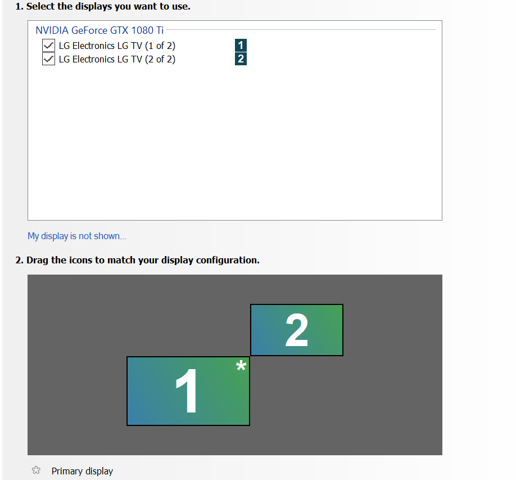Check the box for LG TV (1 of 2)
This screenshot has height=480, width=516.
point(48,46)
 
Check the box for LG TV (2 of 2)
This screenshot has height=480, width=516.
point(48,59)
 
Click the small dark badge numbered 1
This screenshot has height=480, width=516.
point(241,45)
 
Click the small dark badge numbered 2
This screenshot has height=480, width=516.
point(241,59)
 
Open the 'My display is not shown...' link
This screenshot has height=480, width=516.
point(76,236)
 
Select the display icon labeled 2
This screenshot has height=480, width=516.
point(296,330)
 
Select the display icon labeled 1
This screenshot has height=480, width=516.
point(188,391)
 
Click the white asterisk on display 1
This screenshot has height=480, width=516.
point(241,365)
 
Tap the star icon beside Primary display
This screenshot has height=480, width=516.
point(36,470)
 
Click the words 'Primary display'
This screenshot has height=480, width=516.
point(82,471)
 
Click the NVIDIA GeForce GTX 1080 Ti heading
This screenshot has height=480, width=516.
point(99,30)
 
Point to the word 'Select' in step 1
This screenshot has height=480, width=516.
point(41,6)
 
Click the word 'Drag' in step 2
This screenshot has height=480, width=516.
point(37,261)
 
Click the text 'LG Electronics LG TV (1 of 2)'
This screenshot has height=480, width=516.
point(117,46)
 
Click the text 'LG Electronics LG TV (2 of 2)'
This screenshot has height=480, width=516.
point(117,59)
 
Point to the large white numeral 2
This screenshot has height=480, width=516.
point(296,330)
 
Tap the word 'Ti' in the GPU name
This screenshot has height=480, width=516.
point(160,30)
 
